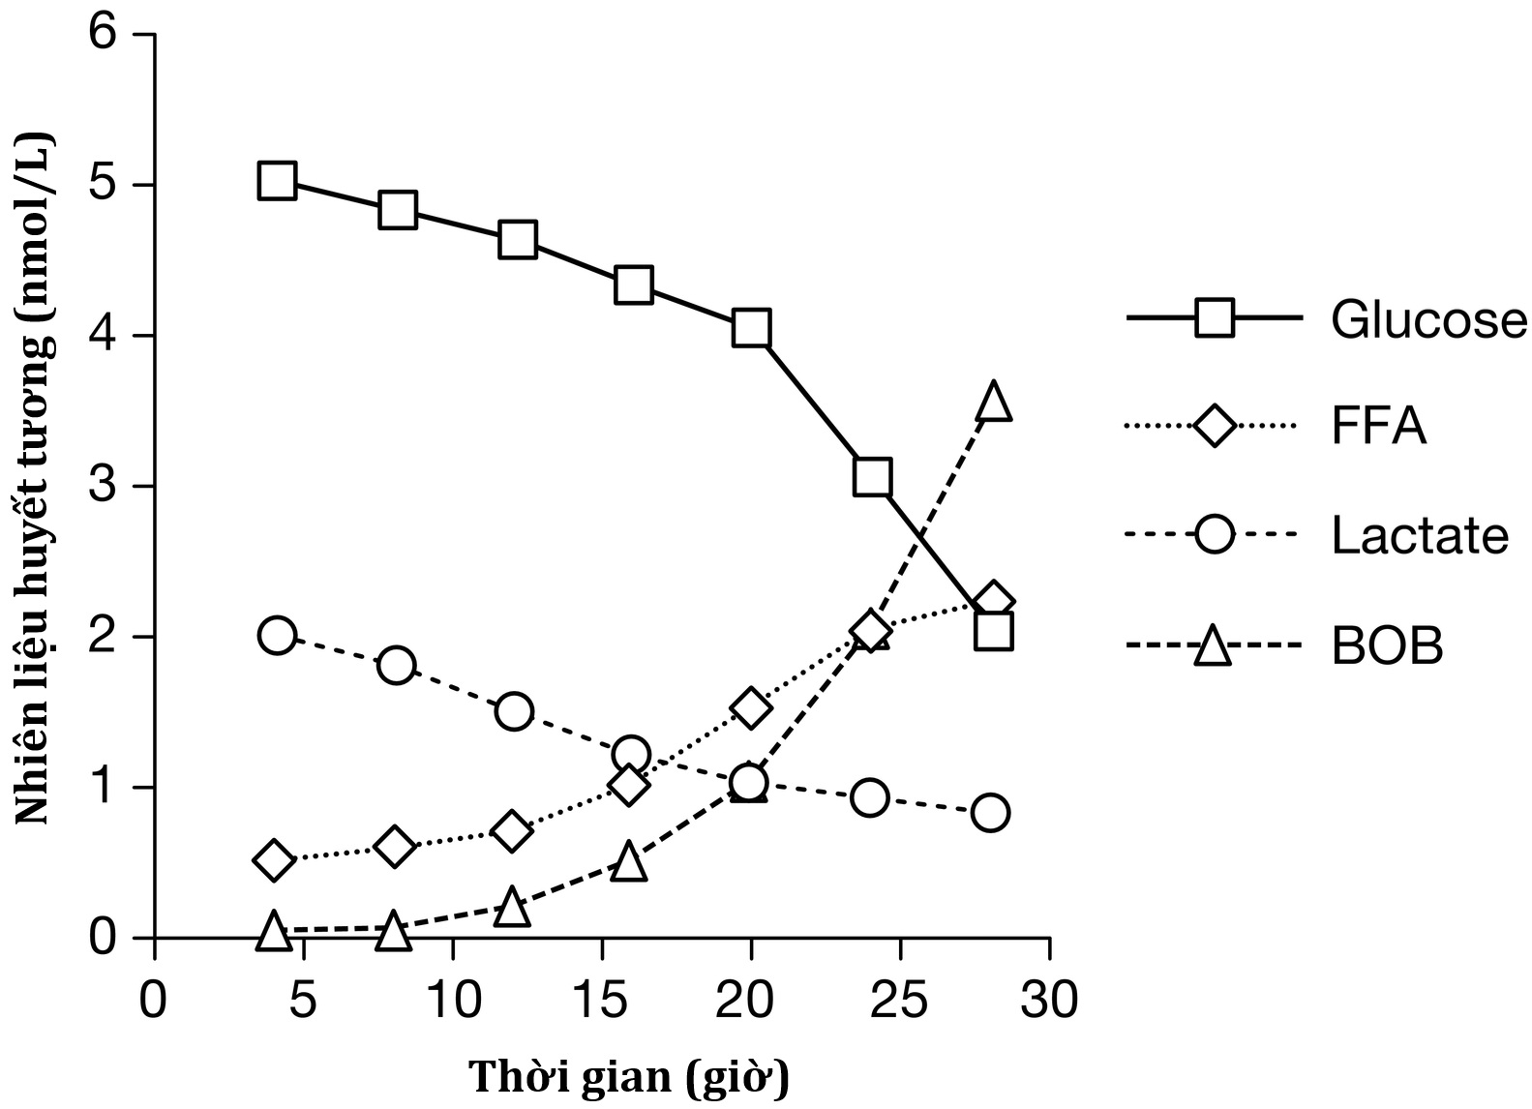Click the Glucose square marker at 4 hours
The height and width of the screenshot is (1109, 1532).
pos(277,181)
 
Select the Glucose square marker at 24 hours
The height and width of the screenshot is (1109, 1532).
pos(872,477)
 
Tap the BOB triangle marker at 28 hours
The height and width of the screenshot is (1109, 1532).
pos(994,401)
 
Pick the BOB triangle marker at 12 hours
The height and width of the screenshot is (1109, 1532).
pos(511,908)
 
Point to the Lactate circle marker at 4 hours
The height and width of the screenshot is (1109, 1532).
pos(277,635)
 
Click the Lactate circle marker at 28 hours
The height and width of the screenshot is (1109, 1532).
pos(990,812)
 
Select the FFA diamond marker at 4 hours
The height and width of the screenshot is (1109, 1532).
pos(274,860)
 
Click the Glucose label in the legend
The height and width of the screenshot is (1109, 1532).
pos(1428,319)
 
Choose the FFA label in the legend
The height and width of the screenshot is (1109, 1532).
pos(1379,427)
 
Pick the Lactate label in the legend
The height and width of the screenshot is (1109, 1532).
pos(1420,535)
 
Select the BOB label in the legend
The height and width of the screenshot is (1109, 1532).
pos(1387,645)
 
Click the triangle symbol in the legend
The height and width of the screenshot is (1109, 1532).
pos(1213,645)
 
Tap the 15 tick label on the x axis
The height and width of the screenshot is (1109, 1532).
pos(602,1001)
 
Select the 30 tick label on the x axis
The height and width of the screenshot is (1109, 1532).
pos(1050,1001)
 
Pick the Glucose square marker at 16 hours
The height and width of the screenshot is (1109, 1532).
pos(633,285)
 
